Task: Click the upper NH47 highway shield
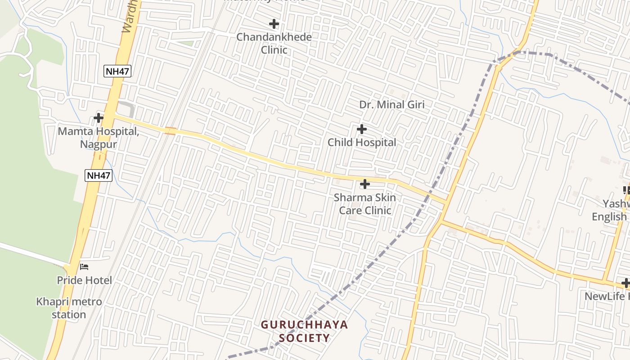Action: [117, 71]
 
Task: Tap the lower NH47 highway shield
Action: [99, 175]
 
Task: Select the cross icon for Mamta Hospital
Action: [99, 118]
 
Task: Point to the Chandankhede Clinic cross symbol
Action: [274, 24]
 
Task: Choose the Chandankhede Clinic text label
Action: [274, 43]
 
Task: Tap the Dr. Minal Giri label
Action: [391, 104]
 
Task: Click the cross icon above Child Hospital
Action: [361, 130]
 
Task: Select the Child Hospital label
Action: [362, 143]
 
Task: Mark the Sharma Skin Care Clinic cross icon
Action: [365, 184]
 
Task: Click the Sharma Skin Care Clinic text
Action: [365, 204]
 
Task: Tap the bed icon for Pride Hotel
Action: [84, 267]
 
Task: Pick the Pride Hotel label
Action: [84, 280]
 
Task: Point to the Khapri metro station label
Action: [69, 308]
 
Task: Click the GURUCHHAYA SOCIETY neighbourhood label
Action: [305, 331]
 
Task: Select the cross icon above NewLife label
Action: [625, 283]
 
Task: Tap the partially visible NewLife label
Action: [607, 297]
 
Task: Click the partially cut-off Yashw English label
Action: [610, 210]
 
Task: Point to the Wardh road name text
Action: [129, 18]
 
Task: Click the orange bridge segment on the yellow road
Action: [170, 131]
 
